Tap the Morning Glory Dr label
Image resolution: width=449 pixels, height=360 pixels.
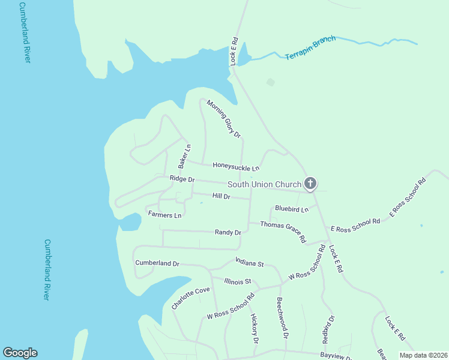223,118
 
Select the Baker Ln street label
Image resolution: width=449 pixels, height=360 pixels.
184,156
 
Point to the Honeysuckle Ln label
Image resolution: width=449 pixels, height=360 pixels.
236,167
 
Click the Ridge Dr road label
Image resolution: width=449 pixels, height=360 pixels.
182,179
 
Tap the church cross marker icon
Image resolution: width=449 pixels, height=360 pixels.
310,184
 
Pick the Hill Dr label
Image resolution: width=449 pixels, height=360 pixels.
221,196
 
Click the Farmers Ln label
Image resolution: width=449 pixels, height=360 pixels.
164,215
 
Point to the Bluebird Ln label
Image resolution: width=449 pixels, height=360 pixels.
291,209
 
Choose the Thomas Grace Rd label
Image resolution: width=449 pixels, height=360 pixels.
283,232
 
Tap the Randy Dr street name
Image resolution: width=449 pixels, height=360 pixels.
228,232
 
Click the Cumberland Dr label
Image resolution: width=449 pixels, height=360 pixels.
157,263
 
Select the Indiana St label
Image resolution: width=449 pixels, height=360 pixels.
250,263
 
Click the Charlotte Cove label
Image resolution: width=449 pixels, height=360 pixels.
191,298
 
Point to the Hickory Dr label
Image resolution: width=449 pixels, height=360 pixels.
255,328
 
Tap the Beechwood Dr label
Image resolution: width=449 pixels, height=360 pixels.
282,317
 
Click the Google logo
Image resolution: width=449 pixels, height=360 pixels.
20,353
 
